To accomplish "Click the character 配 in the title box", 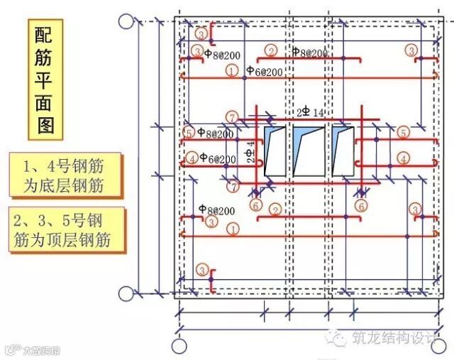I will coord(47,36).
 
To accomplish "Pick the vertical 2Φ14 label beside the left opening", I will coord(250,152).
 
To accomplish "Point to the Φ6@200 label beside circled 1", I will coord(264,71).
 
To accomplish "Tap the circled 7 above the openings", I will coord(231,116).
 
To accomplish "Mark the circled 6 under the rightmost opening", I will coord(361,205).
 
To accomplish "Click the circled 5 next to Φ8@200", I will coord(189,133).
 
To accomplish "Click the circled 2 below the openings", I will coord(275,209).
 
